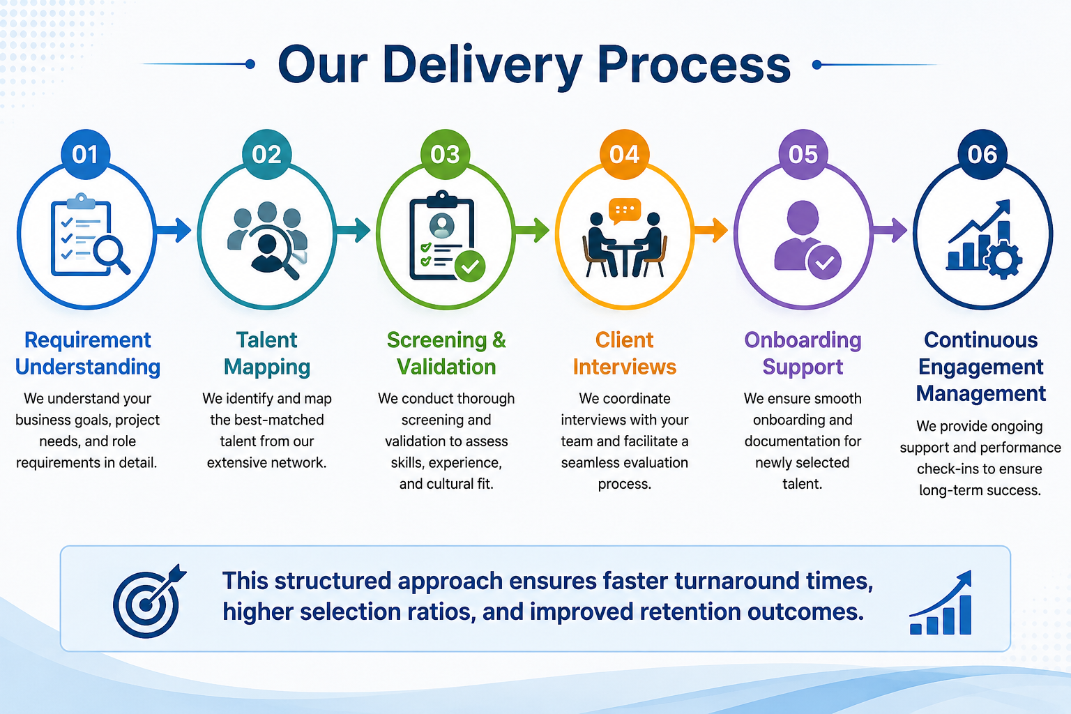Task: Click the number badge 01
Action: [86, 154]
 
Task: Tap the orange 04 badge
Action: [625, 154]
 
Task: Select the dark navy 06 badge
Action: [982, 154]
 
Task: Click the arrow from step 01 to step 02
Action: [173, 231]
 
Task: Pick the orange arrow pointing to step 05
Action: [711, 231]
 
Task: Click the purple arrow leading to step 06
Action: [889, 231]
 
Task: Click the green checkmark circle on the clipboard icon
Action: [470, 266]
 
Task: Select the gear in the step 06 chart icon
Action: [1003, 260]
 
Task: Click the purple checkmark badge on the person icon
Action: [824, 262]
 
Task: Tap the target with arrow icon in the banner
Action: [149, 600]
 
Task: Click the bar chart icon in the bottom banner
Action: [941, 602]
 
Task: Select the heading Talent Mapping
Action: [267, 354]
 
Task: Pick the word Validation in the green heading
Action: [446, 367]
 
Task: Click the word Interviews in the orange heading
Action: [625, 367]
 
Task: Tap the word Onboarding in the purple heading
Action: [803, 340]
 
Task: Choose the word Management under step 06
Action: [981, 393]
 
